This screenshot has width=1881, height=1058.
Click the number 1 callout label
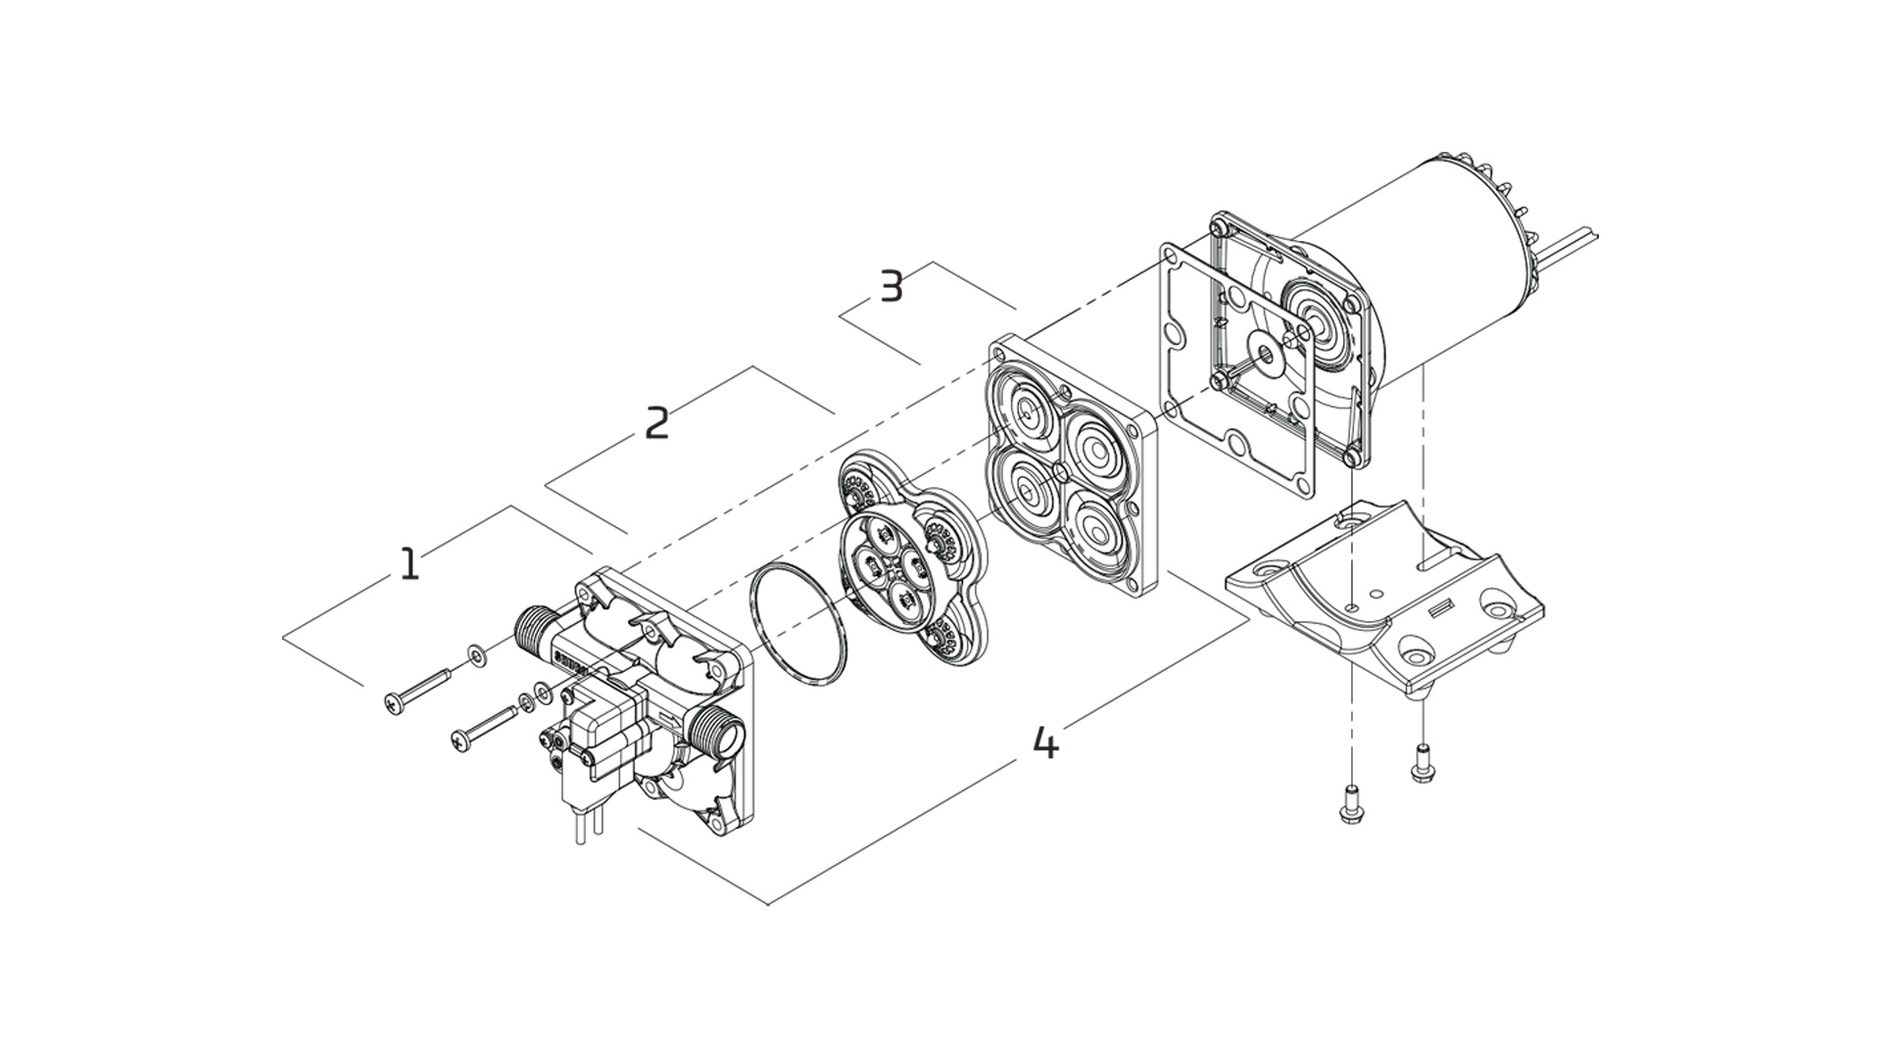point(410,564)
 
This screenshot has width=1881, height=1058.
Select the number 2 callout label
point(656,423)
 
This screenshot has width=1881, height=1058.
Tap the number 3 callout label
point(891,287)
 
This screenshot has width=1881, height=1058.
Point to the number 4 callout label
point(1045,744)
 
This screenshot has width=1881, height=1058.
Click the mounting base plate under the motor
point(1381,598)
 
